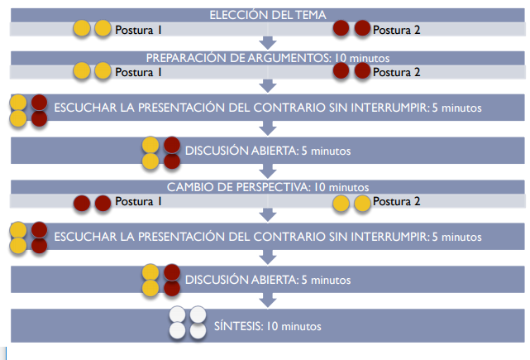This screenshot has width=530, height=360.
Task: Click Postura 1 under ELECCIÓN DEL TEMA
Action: pyautogui.click(x=138, y=30)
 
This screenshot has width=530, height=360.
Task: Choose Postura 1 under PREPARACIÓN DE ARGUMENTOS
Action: pyautogui.click(x=138, y=72)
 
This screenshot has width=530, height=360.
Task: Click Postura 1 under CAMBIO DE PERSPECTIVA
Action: pyautogui.click(x=138, y=202)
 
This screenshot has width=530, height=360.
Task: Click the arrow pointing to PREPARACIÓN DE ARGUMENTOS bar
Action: pyautogui.click(x=266, y=43)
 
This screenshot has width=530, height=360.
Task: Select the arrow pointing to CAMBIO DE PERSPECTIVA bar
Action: pyautogui.click(x=266, y=171)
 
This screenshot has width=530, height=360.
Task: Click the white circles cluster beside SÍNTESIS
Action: pyautogui.click(x=187, y=323)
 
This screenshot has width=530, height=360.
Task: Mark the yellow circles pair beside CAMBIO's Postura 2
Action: pyautogui.click(x=351, y=202)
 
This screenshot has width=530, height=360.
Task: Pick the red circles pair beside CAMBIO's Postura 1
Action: pyautogui.click(x=92, y=202)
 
